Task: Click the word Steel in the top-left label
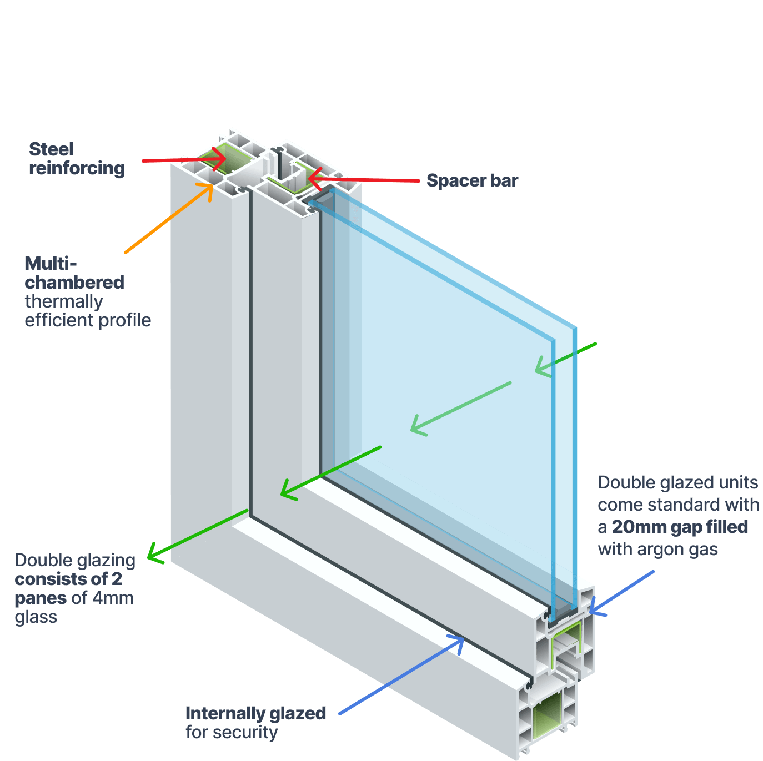51,149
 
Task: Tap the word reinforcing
77,168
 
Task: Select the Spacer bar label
472,180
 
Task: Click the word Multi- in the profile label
51,263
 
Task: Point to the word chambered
74,283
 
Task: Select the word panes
41,598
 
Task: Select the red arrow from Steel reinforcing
183,160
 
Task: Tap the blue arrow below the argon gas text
622,592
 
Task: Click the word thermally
64,301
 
